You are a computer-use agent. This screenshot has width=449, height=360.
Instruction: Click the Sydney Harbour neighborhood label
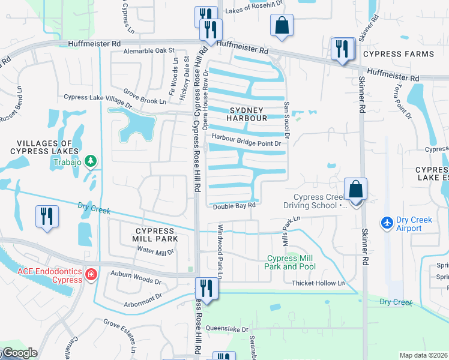click(246, 114)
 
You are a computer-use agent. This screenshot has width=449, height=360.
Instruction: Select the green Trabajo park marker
click(91, 161)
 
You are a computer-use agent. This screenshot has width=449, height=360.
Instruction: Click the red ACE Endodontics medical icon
click(91, 275)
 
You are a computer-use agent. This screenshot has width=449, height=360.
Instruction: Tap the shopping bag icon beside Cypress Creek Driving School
click(356, 189)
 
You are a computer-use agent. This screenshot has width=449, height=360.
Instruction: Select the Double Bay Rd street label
click(234, 206)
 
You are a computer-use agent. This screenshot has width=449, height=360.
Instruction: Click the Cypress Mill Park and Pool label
click(291, 262)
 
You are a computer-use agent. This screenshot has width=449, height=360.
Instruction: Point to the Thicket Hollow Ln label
click(319, 283)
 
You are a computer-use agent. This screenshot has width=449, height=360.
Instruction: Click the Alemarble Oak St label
click(148, 51)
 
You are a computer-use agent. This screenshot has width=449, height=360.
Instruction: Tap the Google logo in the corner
click(19, 353)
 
